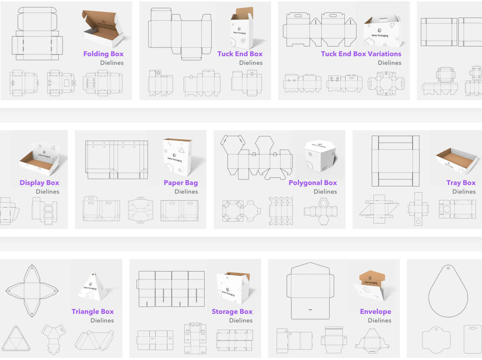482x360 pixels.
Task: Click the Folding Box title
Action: click(x=103, y=54)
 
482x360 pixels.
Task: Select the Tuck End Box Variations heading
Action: click(x=361, y=54)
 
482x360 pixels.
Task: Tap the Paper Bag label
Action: click(x=181, y=183)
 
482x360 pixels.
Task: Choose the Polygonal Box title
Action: click(x=313, y=183)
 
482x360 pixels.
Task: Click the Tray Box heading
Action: click(x=461, y=183)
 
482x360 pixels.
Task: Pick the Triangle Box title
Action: click(x=93, y=312)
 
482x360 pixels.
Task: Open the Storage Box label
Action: click(x=232, y=312)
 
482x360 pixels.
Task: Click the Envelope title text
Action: click(x=375, y=312)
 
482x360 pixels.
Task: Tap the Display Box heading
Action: click(x=39, y=183)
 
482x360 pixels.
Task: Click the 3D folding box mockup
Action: click(x=103, y=29)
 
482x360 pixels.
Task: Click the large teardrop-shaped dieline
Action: click(x=448, y=291)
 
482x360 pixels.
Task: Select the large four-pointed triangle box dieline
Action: click(x=32, y=291)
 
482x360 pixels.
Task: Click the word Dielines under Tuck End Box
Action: click(x=251, y=63)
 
